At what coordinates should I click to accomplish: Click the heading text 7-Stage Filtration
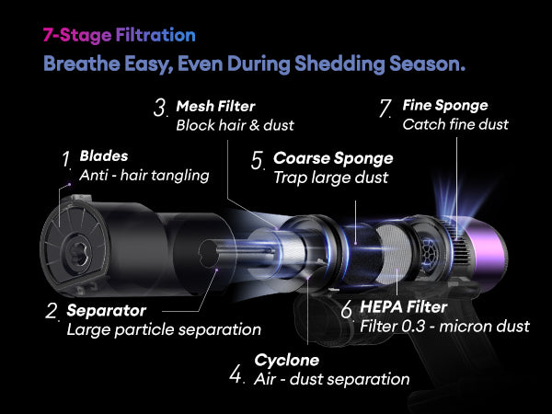coord(119,35)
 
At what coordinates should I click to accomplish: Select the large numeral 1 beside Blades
coord(66,159)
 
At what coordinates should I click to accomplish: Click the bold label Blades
coord(104,156)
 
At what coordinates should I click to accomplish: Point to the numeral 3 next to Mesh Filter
coord(160,108)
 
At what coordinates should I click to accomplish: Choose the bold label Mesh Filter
coord(215,107)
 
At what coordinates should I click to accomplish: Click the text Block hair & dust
coord(235,125)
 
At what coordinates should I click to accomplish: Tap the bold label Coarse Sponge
coord(333,158)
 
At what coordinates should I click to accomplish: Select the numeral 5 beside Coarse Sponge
coord(258,160)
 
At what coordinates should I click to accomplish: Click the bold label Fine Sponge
coord(445,105)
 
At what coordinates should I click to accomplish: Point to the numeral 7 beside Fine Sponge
coord(385,108)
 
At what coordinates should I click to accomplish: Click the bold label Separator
coord(107,311)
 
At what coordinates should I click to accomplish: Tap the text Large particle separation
coord(164,330)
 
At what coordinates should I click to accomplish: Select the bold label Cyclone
coord(286,360)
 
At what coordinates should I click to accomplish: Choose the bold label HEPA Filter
coord(404,307)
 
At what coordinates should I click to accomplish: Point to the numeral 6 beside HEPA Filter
coord(347,309)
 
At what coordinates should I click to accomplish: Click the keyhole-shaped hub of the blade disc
coord(78,253)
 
